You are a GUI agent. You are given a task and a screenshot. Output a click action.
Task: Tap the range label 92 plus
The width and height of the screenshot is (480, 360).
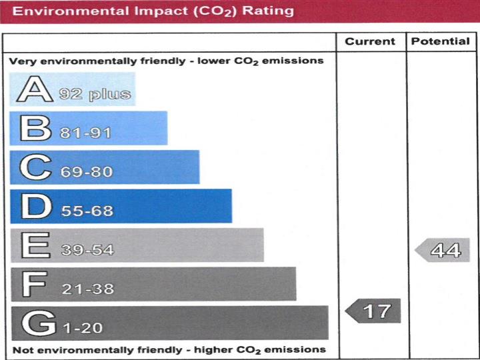point(95,94)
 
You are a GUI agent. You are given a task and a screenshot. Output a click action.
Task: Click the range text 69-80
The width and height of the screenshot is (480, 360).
point(87,172)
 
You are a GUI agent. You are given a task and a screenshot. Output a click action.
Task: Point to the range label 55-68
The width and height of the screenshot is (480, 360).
point(87,211)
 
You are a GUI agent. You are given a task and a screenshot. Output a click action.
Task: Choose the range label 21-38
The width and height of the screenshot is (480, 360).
point(88,289)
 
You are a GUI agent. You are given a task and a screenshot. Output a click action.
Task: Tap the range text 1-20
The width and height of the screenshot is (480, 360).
point(83,329)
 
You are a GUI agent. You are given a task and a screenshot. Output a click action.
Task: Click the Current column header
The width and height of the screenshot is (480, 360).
point(370,41)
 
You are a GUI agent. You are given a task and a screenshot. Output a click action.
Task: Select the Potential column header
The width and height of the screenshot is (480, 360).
point(440,41)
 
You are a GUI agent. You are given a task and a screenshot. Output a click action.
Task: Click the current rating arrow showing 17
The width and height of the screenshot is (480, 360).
point(373,311)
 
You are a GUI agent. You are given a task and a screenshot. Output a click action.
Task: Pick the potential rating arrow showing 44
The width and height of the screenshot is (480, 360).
point(443,251)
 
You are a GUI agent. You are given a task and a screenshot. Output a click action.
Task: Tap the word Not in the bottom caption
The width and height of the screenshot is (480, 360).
point(22,349)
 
